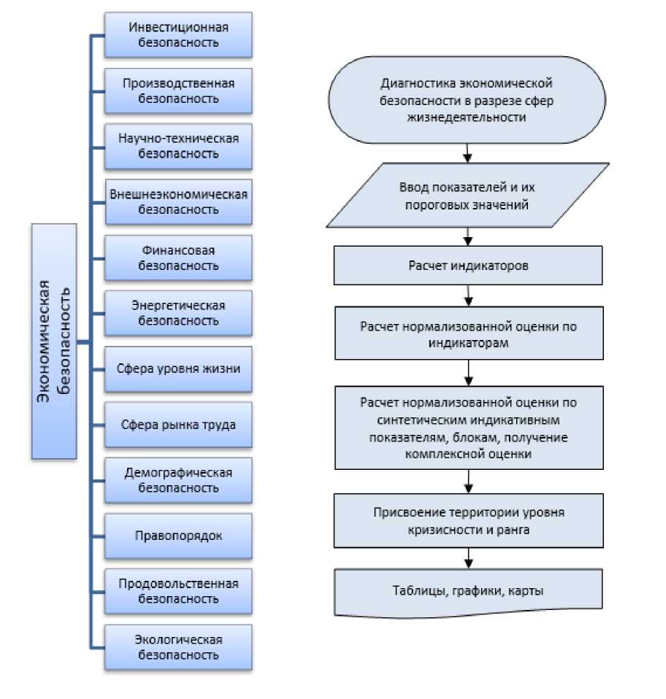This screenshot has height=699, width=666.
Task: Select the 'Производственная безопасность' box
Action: coord(178,91)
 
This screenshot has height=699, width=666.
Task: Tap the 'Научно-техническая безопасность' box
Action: coord(178,147)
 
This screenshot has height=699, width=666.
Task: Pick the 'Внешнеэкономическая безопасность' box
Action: coord(178,202)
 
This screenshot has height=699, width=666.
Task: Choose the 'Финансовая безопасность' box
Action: coord(178,258)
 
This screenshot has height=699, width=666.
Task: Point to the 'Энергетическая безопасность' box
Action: coord(178,313)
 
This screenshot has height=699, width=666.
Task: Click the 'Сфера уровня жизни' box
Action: coord(178,368)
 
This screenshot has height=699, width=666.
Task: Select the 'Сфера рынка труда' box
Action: coord(178,424)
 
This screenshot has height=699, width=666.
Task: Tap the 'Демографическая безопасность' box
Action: coord(178,480)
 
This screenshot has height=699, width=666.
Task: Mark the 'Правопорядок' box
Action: coord(178,536)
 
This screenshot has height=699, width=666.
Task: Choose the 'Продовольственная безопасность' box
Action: coord(178,591)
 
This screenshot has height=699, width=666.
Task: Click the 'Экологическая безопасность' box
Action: coord(178,647)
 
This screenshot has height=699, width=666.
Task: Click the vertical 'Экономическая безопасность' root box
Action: coord(54,341)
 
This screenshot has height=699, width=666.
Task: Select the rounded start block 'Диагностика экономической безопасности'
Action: coord(467,100)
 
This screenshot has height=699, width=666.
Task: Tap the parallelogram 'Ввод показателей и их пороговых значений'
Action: coord(467,196)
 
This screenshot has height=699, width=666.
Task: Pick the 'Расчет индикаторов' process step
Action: coord(468,265)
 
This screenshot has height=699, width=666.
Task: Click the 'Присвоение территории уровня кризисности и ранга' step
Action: coord(468,521)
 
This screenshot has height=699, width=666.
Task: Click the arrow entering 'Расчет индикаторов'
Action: coord(468,236)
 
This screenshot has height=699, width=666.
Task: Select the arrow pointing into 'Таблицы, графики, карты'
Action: coord(468,559)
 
